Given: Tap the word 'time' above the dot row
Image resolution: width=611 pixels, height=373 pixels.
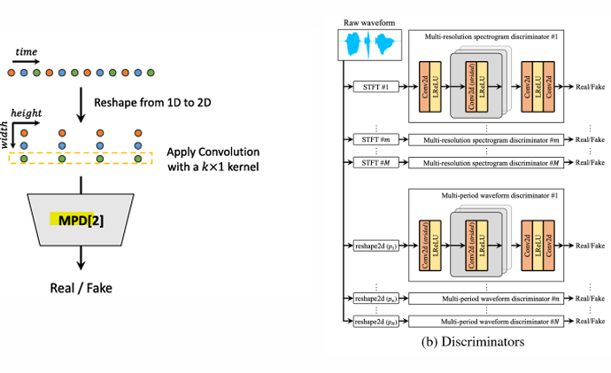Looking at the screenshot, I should [27, 53].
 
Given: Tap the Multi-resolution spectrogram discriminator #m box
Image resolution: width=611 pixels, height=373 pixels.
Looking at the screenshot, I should [491, 141].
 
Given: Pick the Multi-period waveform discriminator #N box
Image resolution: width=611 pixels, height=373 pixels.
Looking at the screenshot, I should [491, 321].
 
